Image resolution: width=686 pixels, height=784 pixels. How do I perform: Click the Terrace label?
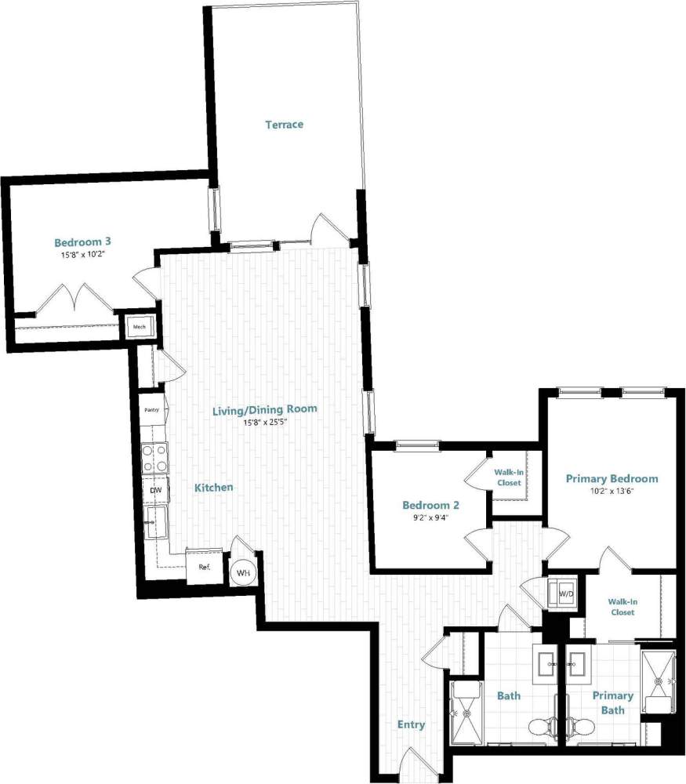pyautogui.click(x=284, y=125)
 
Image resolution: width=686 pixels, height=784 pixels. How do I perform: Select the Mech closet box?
pyautogui.click(x=140, y=327)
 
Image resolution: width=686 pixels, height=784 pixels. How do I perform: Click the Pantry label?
pyautogui.click(x=152, y=409)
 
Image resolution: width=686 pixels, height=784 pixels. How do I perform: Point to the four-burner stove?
pyautogui.click(x=154, y=458)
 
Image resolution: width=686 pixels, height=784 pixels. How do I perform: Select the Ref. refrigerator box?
pyautogui.click(x=204, y=566)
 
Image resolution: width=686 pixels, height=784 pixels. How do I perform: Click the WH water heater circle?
pyautogui.click(x=244, y=573)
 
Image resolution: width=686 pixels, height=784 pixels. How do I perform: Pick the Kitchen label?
pyautogui.click(x=214, y=487)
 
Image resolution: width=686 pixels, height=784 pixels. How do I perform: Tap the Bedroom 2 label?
pyautogui.click(x=430, y=505)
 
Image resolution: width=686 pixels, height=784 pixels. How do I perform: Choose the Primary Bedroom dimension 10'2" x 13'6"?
pyautogui.click(x=612, y=492)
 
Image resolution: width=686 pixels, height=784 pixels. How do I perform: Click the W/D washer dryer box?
pyautogui.click(x=564, y=594)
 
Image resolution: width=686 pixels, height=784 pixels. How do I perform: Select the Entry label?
pyautogui.click(x=411, y=724)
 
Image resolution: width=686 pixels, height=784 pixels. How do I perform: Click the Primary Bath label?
pyautogui.click(x=612, y=702)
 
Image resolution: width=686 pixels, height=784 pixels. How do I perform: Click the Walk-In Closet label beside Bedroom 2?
pyautogui.click(x=509, y=477)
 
